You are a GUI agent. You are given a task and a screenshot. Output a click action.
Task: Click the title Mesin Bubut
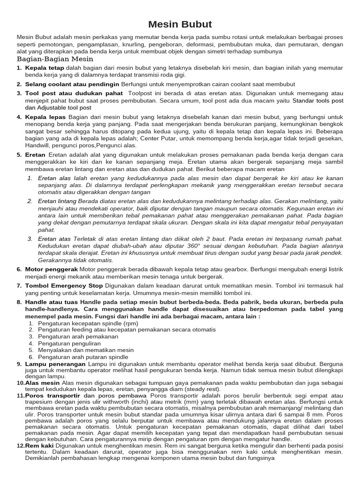tap(180, 24)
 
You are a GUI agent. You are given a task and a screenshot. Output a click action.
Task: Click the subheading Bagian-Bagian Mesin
tap(55, 59)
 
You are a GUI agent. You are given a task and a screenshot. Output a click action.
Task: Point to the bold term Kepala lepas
tap(45, 117)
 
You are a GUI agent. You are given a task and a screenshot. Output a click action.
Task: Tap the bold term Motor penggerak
tap(51, 269)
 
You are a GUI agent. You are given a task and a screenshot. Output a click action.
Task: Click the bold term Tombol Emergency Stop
tap(64, 285)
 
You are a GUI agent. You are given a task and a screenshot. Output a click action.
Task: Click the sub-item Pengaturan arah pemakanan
tap(72, 337)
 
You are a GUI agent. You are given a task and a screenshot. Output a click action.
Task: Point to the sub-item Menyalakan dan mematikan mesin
tap(79, 350)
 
